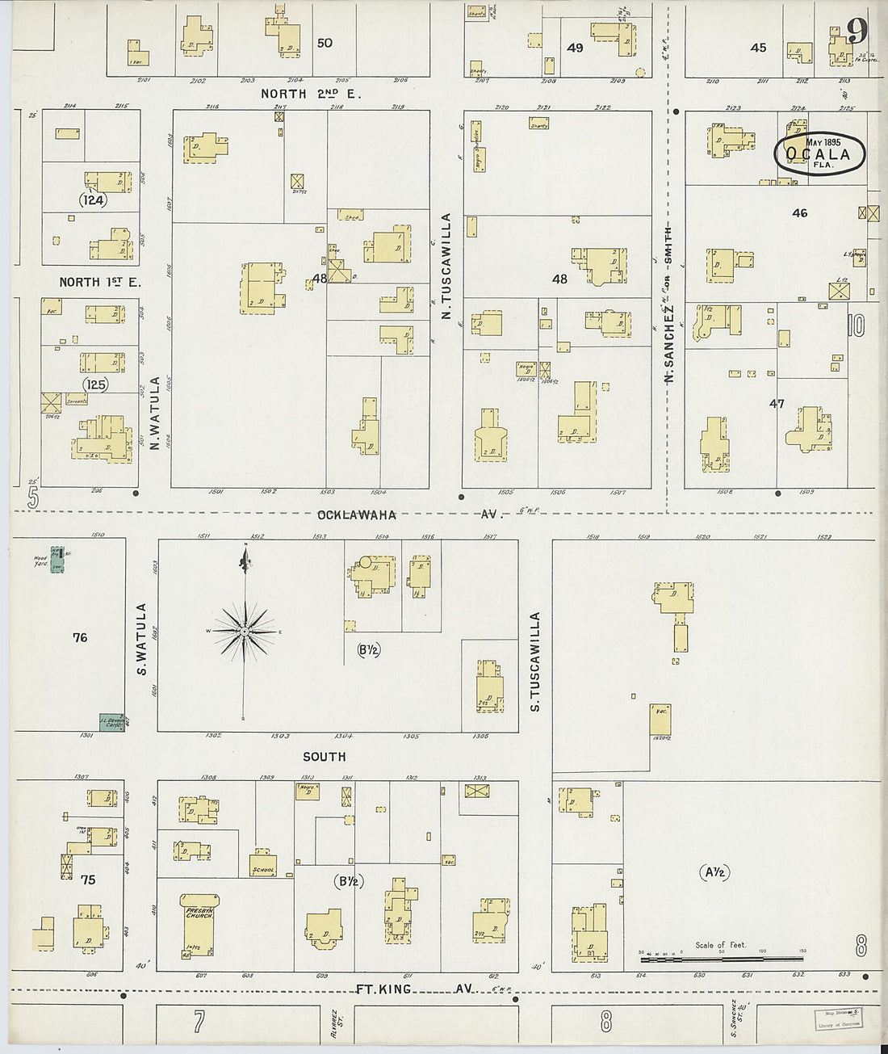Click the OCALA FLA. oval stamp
(819, 153)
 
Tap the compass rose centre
(244, 631)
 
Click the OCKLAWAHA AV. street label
(356, 514)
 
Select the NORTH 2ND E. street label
(311, 94)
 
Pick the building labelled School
(263, 864)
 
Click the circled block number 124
(93, 199)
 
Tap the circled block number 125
(95, 384)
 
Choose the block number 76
(79, 638)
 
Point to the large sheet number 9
(857, 31)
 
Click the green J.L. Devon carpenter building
(111, 721)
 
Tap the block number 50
(325, 43)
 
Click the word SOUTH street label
(324, 757)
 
